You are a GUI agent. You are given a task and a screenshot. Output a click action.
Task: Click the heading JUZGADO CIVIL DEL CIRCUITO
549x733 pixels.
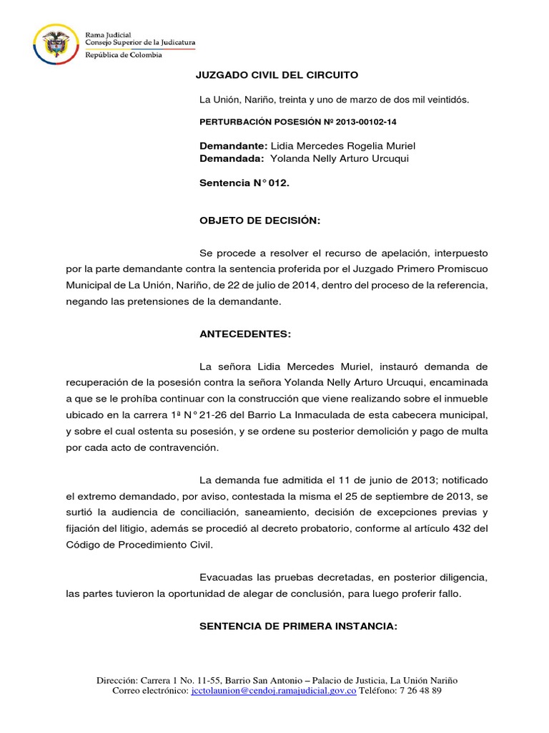(277, 75)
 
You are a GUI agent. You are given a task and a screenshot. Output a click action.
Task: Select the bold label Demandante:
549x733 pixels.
(233, 145)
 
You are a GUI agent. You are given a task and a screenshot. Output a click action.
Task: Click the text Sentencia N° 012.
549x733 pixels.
(244, 183)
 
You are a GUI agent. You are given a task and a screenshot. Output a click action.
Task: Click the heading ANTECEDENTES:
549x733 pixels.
(245, 334)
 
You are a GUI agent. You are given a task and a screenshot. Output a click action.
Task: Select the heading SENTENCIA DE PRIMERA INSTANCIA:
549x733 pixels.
(297, 626)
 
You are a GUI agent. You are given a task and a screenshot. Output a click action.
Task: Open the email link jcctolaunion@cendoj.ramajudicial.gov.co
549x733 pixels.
(274, 691)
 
